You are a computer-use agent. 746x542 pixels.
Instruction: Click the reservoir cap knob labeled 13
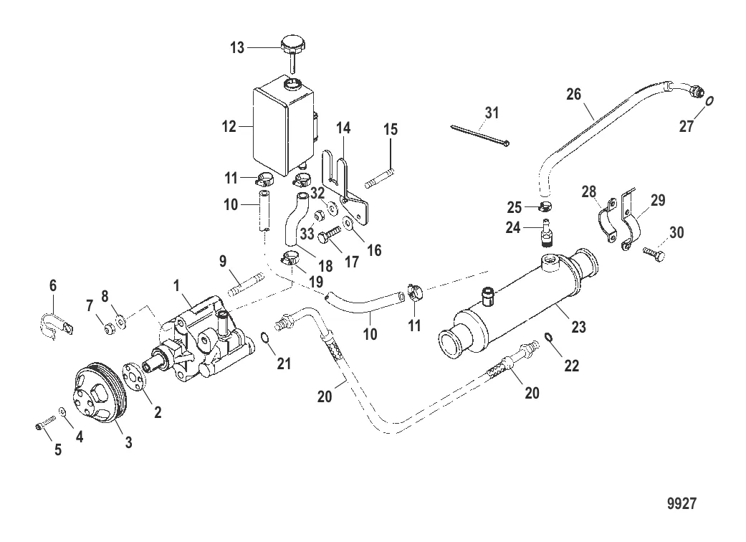[293, 52]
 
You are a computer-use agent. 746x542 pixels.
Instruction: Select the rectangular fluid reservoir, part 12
[284, 127]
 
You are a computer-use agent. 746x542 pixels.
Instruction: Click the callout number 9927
[682, 504]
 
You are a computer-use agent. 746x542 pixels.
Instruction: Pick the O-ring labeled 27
[710, 101]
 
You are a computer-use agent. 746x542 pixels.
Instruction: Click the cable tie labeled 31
[480, 135]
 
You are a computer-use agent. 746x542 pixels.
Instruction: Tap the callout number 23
[578, 327]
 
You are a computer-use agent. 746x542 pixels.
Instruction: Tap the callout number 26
[574, 94]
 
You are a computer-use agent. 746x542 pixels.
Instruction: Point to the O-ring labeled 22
[549, 338]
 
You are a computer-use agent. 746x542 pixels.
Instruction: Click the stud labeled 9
[246, 284]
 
